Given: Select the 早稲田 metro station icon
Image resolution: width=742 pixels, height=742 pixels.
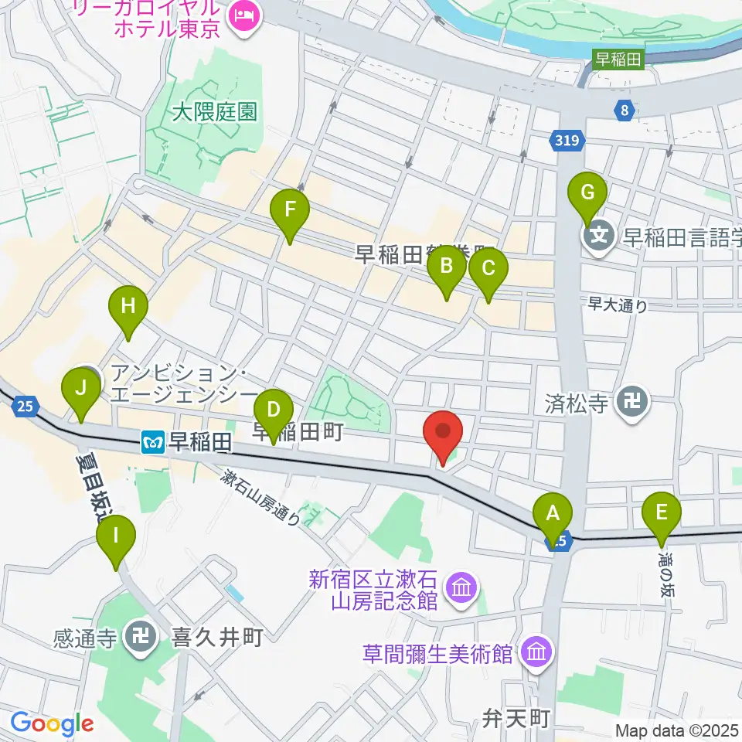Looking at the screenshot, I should (x=151, y=442).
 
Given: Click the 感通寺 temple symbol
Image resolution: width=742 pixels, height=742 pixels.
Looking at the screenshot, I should (x=140, y=638).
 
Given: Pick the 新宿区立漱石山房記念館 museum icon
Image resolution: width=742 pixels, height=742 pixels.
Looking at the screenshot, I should (x=461, y=589).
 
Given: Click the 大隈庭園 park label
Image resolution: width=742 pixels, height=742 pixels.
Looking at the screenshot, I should (x=213, y=113).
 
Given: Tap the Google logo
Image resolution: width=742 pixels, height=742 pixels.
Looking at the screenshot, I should (x=52, y=724).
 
